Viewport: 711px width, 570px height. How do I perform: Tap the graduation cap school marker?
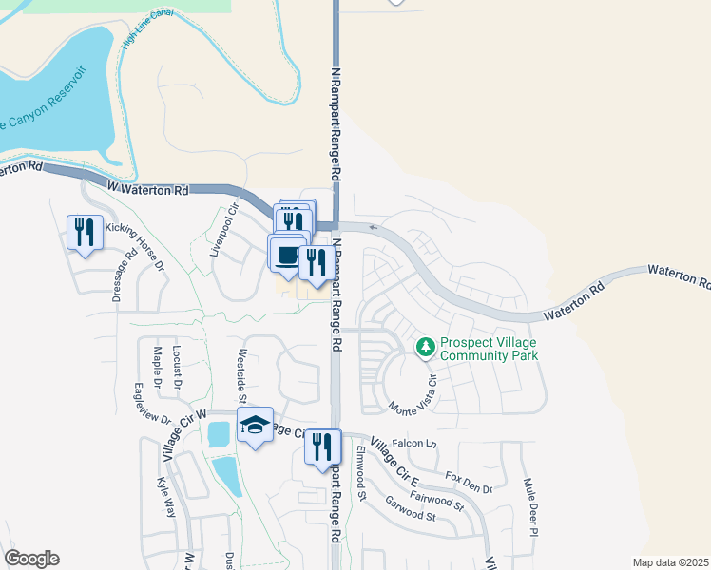tap(255, 426)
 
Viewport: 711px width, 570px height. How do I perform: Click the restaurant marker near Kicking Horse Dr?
tap(85, 231)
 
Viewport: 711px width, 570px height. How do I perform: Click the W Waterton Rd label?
tap(147, 189)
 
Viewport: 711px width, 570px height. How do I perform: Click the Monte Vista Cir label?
tap(412, 399)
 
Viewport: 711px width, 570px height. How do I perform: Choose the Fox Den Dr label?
tap(469, 482)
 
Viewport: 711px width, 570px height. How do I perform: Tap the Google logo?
tap(31, 559)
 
